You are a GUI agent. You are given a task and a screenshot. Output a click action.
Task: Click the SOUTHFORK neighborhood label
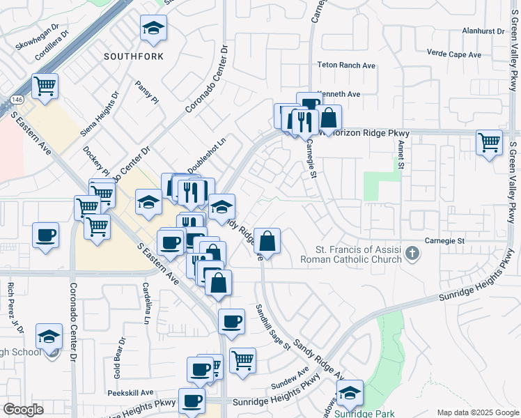click(x=134, y=55)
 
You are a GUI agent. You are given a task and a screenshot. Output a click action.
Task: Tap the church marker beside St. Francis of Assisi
click(x=413, y=253)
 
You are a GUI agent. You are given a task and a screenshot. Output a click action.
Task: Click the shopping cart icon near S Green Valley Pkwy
click(x=490, y=142)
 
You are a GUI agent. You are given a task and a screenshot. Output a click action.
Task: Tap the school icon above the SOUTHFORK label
click(x=153, y=29)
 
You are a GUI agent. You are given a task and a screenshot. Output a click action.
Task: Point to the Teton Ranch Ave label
click(x=346, y=65)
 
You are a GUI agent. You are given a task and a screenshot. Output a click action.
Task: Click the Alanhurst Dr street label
click(x=483, y=31)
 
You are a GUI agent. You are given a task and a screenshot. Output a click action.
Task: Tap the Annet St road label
click(x=401, y=155)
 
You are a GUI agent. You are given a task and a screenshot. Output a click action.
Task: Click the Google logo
click(x=23, y=410)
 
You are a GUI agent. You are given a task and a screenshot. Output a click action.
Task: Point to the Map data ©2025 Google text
click(x=477, y=412)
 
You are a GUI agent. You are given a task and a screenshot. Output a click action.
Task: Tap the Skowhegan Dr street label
click(x=33, y=45)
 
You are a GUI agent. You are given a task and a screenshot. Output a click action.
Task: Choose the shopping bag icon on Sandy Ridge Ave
click(x=267, y=242)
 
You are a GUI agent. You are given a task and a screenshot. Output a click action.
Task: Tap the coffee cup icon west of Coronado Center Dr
click(x=46, y=235)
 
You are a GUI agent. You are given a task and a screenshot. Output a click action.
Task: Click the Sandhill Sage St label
click(x=272, y=327)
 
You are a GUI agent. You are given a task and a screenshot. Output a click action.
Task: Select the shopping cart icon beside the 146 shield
click(x=45, y=87)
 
